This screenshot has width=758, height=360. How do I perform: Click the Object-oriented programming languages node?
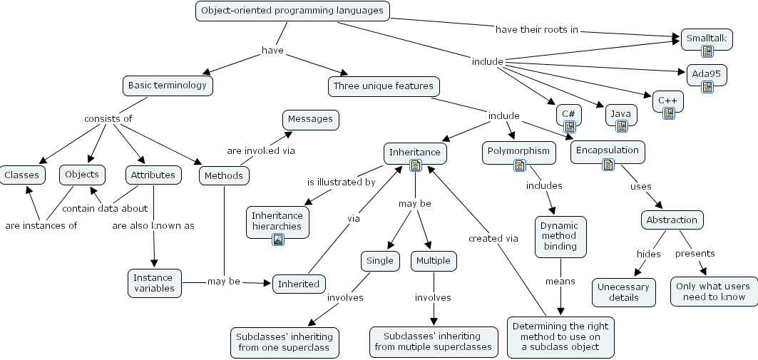(292, 11)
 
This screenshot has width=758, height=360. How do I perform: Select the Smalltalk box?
(706, 38)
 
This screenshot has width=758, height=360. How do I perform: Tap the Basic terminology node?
(168, 86)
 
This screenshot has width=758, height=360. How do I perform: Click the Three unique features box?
(383, 86)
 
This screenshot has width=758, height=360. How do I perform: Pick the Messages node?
(310, 119)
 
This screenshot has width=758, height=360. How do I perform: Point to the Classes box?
(21, 175)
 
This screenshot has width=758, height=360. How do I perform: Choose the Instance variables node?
(154, 282)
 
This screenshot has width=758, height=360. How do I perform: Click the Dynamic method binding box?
(560, 237)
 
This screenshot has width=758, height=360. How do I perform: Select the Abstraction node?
(672, 220)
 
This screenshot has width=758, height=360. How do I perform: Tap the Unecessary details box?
(624, 292)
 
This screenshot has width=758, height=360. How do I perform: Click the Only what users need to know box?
(713, 292)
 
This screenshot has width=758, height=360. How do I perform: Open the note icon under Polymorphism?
(519, 165)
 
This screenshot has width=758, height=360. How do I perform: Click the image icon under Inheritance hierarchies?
(277, 240)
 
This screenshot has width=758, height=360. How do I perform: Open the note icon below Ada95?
(707, 87)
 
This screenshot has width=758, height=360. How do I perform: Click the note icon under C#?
(569, 127)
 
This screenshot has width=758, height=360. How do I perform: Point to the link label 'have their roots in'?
(536, 30)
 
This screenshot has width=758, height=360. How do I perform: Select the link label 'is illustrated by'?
(341, 182)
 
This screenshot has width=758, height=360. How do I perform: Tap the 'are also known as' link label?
(153, 226)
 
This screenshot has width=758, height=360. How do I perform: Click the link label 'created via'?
(493, 238)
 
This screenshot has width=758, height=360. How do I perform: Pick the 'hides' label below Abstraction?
(648, 254)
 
